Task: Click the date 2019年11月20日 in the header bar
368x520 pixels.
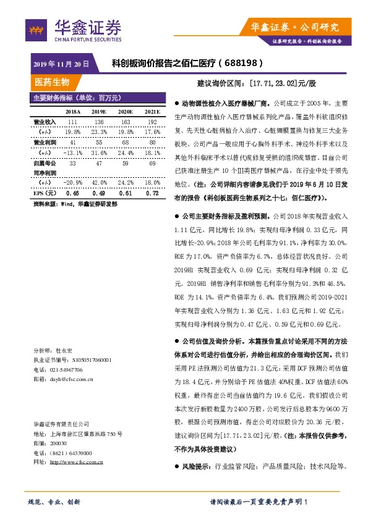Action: pyautogui.click(x=61, y=64)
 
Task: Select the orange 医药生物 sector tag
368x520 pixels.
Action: pyautogui.click(x=52, y=82)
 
